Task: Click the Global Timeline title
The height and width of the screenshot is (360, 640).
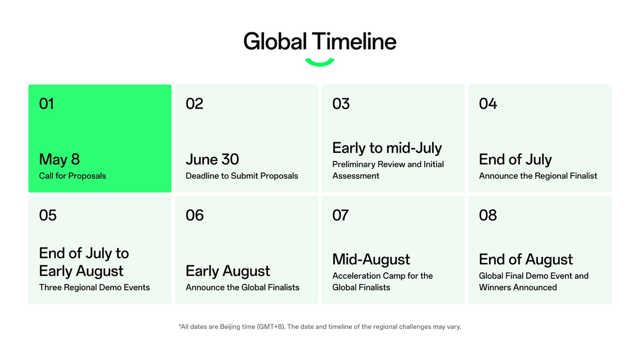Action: [319, 41]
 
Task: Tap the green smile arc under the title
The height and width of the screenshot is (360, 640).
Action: [319, 63]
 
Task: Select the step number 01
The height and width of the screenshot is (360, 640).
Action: [46, 104]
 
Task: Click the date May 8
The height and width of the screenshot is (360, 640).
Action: [59, 159]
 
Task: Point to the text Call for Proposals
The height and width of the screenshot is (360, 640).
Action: [73, 176]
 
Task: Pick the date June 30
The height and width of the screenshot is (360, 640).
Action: [212, 159]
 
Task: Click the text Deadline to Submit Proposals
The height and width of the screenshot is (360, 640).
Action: [242, 176]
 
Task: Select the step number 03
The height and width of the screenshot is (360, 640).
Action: [341, 104]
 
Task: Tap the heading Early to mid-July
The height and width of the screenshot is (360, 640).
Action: [387, 148]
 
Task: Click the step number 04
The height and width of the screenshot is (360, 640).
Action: [488, 104]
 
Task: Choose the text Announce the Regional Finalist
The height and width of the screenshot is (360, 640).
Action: [538, 176]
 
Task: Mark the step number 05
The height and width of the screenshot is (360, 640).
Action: [48, 215]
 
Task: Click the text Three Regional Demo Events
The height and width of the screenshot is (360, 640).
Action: [94, 287]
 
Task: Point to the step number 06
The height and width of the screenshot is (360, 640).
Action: [195, 215]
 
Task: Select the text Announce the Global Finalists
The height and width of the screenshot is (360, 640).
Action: [242, 287]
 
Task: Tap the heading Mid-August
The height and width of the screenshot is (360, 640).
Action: [371, 259]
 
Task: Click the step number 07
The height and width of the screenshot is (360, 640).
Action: [340, 215]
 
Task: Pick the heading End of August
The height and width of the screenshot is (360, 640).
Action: [526, 259]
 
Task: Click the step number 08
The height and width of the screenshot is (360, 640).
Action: [488, 215]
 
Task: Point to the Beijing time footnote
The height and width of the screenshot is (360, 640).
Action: [319, 327]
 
